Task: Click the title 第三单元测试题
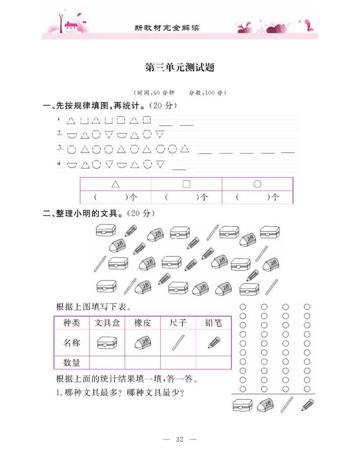[180, 68]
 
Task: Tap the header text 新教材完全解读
[167, 27]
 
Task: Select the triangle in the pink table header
[116, 184]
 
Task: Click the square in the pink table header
[186, 184]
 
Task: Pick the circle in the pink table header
[257, 184]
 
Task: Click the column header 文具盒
[107, 323]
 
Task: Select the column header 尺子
[178, 323]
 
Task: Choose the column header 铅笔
[213, 323]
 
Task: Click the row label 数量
[72, 362]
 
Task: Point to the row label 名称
[72, 343]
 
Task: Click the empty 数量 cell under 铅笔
[213, 362]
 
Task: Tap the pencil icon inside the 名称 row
[214, 343]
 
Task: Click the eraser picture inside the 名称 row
[143, 343]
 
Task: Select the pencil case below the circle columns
[243, 406]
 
